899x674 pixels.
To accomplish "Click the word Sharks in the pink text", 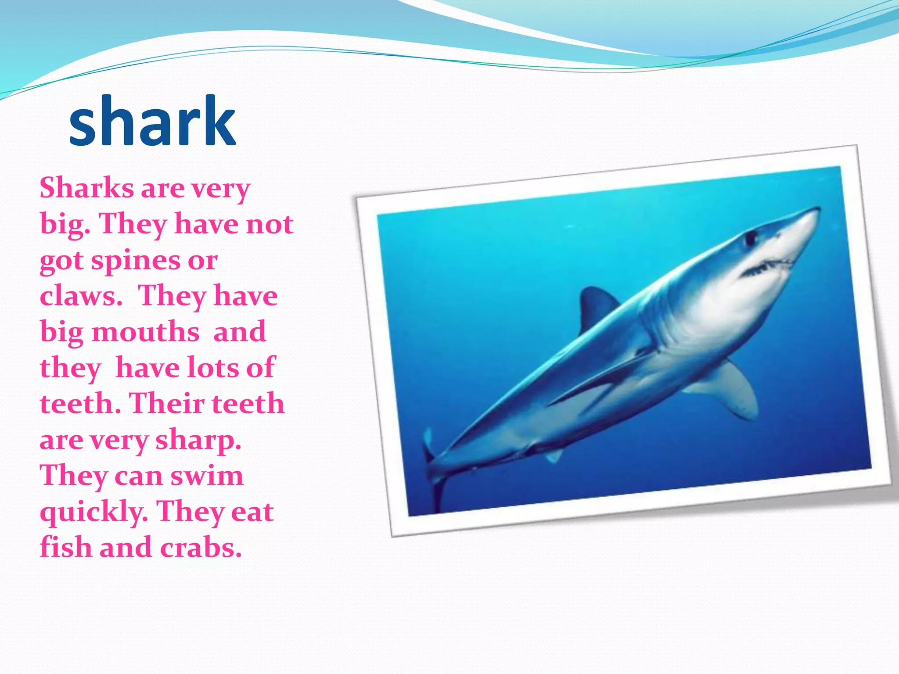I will (86, 188).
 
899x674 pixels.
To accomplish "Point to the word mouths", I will (146, 332).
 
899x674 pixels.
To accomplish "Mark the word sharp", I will (198, 440).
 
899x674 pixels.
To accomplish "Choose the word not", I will (270, 224).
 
